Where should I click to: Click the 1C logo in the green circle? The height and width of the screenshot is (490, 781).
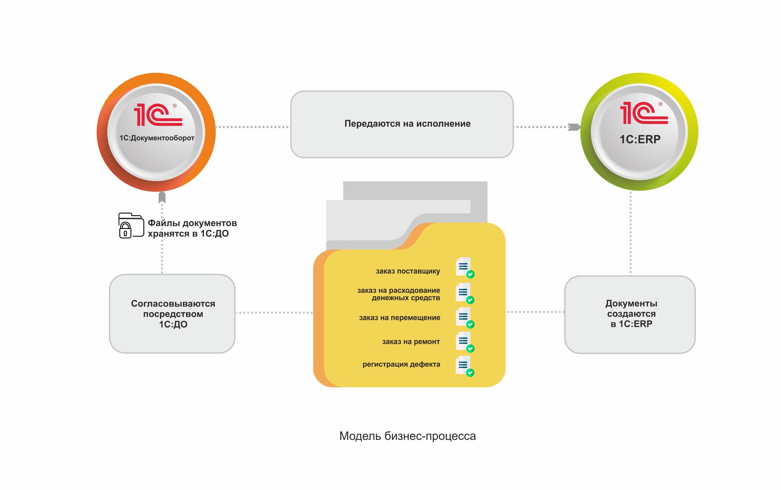point(643,113)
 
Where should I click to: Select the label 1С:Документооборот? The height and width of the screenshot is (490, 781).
point(157,138)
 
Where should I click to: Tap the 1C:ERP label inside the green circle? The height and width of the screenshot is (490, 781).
point(640,139)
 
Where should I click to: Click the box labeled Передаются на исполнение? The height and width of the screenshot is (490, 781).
point(402,124)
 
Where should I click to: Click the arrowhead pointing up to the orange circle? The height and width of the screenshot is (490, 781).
point(162,197)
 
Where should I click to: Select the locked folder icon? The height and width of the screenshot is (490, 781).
point(131,226)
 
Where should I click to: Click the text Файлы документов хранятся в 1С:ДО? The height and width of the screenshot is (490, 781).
point(192,228)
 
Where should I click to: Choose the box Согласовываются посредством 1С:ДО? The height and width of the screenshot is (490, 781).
point(172,313)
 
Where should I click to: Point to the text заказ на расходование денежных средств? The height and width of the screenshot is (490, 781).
point(398,294)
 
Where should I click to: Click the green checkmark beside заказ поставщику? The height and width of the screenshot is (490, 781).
point(470,274)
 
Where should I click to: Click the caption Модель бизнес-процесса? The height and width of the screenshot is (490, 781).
point(407,436)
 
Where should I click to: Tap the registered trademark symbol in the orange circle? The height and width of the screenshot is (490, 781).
point(174,106)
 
